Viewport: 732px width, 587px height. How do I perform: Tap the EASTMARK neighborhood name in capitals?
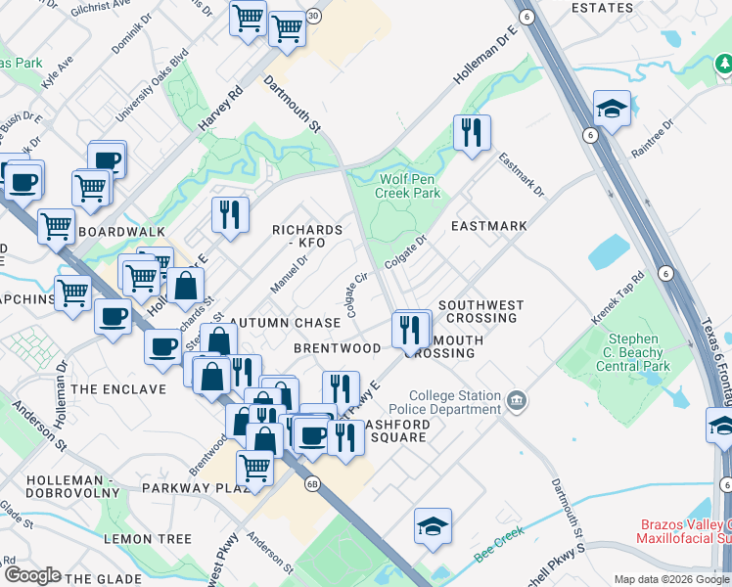pyautogui.click(x=488, y=226)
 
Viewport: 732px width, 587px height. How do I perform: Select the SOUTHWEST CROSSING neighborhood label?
pyautogui.click(x=478, y=311)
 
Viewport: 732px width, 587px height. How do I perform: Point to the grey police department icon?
pyautogui.click(x=517, y=401)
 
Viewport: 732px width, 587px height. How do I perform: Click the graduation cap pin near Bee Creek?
pyautogui.click(x=433, y=526)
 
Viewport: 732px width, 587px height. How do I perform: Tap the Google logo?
pyautogui.click(x=31, y=575)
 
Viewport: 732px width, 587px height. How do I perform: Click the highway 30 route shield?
pyautogui.click(x=313, y=17)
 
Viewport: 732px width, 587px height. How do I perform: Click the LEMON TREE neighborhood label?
pyautogui.click(x=148, y=539)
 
